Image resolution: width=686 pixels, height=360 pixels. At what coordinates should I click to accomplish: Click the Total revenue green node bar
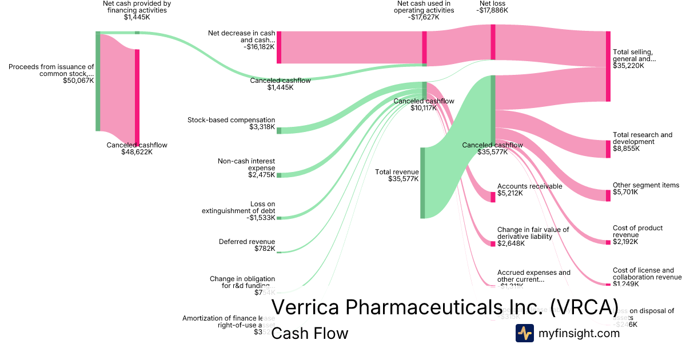[423, 183]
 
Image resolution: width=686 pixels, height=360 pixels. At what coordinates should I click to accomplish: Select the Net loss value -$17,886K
[493, 10]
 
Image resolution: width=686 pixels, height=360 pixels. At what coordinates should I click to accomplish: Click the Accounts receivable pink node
[493, 197]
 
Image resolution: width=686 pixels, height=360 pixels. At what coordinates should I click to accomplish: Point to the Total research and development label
[643, 138]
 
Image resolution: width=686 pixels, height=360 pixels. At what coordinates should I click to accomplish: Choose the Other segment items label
[646, 185]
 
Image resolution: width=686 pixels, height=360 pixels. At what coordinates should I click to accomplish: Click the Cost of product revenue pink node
[608, 242]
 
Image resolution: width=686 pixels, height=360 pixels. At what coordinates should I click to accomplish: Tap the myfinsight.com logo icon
[525, 333]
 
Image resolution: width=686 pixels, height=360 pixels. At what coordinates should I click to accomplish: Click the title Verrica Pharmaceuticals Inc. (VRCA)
[445, 307]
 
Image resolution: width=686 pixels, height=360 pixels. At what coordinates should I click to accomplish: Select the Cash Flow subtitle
[309, 333]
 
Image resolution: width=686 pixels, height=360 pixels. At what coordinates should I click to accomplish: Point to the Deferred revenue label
[247, 242]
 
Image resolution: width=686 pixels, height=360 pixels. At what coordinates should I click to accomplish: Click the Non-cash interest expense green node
[279, 175]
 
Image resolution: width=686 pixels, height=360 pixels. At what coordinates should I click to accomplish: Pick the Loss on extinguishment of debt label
[238, 207]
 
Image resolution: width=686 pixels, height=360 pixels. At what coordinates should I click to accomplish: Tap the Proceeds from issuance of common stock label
[51, 70]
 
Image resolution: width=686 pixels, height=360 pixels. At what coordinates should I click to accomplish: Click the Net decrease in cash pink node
[279, 47]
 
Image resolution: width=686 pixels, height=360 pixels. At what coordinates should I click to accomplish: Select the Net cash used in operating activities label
[425, 6]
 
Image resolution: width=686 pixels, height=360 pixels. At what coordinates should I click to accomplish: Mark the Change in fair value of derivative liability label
[533, 233]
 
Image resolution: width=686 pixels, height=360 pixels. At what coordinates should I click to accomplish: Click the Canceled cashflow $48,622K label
[137, 145]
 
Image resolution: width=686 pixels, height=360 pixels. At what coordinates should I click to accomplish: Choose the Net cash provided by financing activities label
[137, 6]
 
